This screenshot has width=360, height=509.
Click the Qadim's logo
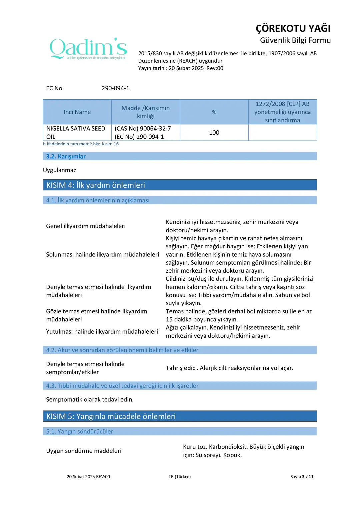tap(88, 49)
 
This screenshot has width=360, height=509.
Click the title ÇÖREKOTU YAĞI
tap(293, 28)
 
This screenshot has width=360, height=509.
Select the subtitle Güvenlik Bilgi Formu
tap(295, 40)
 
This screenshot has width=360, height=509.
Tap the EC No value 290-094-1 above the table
tap(115, 88)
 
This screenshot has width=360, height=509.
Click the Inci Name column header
tap(77, 112)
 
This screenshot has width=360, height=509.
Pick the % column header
tap(214, 112)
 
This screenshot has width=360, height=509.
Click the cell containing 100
tap(214, 133)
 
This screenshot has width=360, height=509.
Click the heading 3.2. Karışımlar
tap(66, 156)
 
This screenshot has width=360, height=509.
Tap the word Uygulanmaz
tap(60, 170)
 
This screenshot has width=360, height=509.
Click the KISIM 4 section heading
tap(96, 185)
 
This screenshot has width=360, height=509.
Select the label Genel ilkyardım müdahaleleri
tap(86, 226)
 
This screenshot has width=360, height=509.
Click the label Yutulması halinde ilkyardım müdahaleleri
tap(102, 332)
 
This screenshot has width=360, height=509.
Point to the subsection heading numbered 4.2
tap(122, 350)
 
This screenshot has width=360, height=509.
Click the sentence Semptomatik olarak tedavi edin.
tap(90, 399)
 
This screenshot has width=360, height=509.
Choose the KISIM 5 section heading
tap(111, 416)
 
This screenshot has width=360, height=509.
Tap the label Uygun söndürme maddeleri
tap(84, 451)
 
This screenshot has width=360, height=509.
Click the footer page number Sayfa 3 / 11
tap(302, 477)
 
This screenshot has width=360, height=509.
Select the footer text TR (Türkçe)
tap(180, 477)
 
